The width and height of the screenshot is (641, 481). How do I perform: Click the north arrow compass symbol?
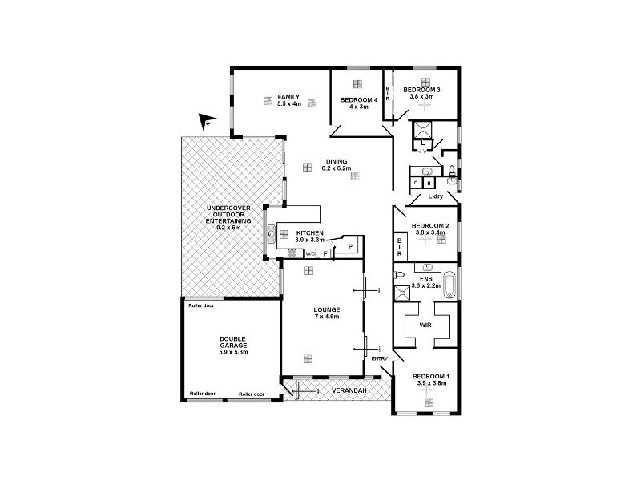tap(207, 121)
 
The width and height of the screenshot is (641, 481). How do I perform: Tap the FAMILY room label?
tap(288, 97)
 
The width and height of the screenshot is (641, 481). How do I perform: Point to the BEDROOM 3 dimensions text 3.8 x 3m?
tap(421, 95)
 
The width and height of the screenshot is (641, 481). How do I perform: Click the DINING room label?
tap(330, 160)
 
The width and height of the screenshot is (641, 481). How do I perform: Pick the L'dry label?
tap(436, 196)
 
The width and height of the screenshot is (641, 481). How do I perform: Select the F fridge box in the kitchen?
tap(325, 253)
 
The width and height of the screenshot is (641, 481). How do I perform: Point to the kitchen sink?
tap(272, 235)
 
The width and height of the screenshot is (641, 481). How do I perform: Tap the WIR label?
tap(425, 326)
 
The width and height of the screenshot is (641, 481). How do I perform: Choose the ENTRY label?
tap(379, 358)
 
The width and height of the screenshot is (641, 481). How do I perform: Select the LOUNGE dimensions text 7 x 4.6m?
tap(327, 317)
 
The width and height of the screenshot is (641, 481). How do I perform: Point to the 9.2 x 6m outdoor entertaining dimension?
tap(228, 227)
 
